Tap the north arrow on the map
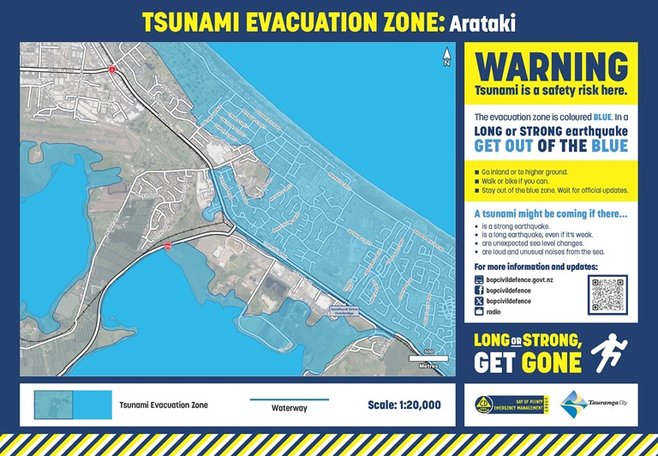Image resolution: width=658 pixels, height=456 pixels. (x=446, y=57)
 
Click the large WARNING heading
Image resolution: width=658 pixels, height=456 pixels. (x=551, y=67)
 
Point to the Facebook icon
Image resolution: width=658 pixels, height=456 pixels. (x=479, y=291)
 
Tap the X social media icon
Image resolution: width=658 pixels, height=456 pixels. (x=479, y=301)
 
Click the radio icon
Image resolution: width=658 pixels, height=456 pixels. (x=479, y=312)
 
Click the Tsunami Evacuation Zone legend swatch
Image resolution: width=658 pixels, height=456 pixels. (x=73, y=405)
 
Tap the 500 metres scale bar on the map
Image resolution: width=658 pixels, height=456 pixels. (x=424, y=357)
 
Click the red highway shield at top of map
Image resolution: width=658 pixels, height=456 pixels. (x=111, y=68)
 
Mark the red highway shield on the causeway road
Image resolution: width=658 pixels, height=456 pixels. (x=169, y=245)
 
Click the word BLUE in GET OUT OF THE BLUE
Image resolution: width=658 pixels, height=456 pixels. (x=609, y=145)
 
